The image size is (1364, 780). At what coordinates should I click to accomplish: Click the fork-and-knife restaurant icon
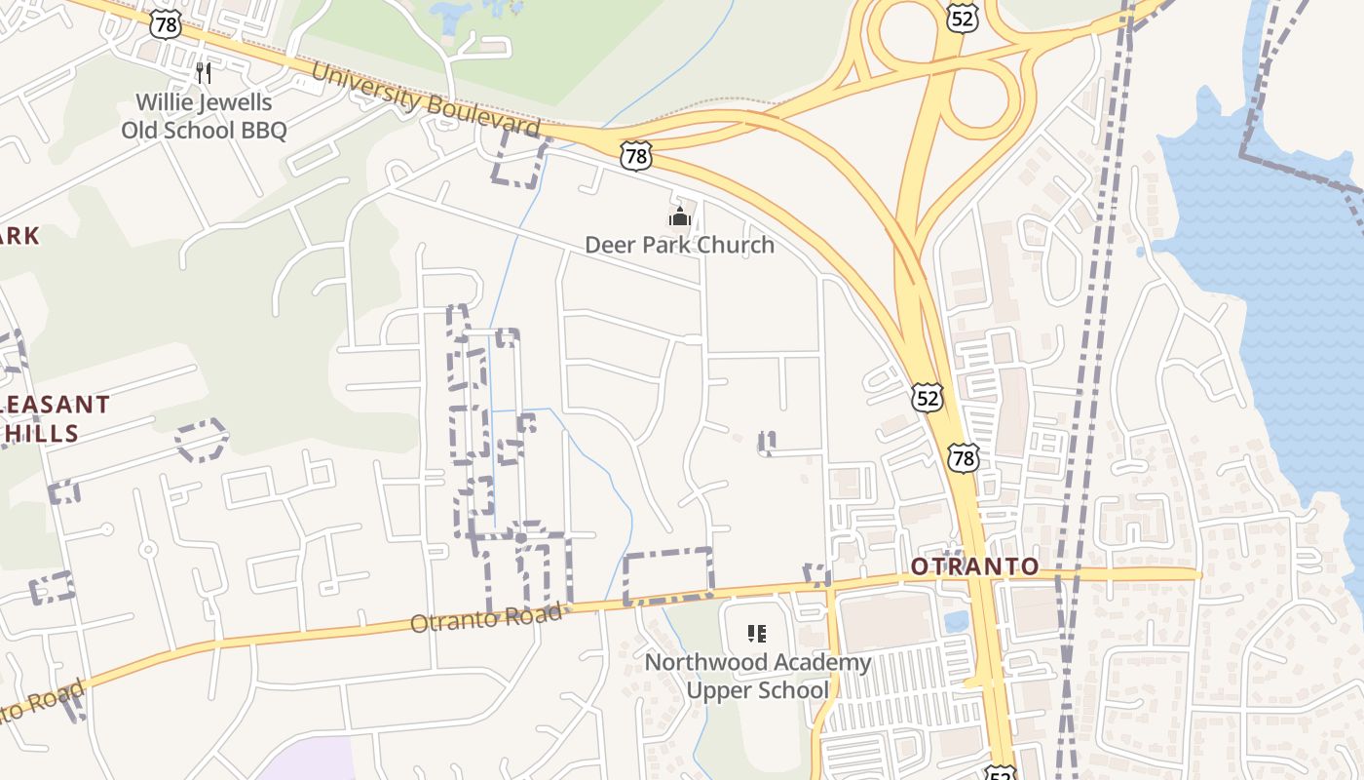(x=204, y=72)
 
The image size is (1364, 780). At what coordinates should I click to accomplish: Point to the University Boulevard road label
(x=425, y=100)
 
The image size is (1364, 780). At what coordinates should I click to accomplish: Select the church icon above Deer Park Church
(x=679, y=215)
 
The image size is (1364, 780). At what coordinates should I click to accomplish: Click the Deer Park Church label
(x=679, y=244)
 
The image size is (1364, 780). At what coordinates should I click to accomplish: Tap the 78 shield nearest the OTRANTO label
(x=964, y=457)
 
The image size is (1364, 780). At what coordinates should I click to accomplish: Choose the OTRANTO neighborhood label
(x=974, y=566)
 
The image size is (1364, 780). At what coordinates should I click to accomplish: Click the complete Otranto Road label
(x=486, y=617)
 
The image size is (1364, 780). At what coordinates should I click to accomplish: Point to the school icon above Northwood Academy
(x=756, y=634)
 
